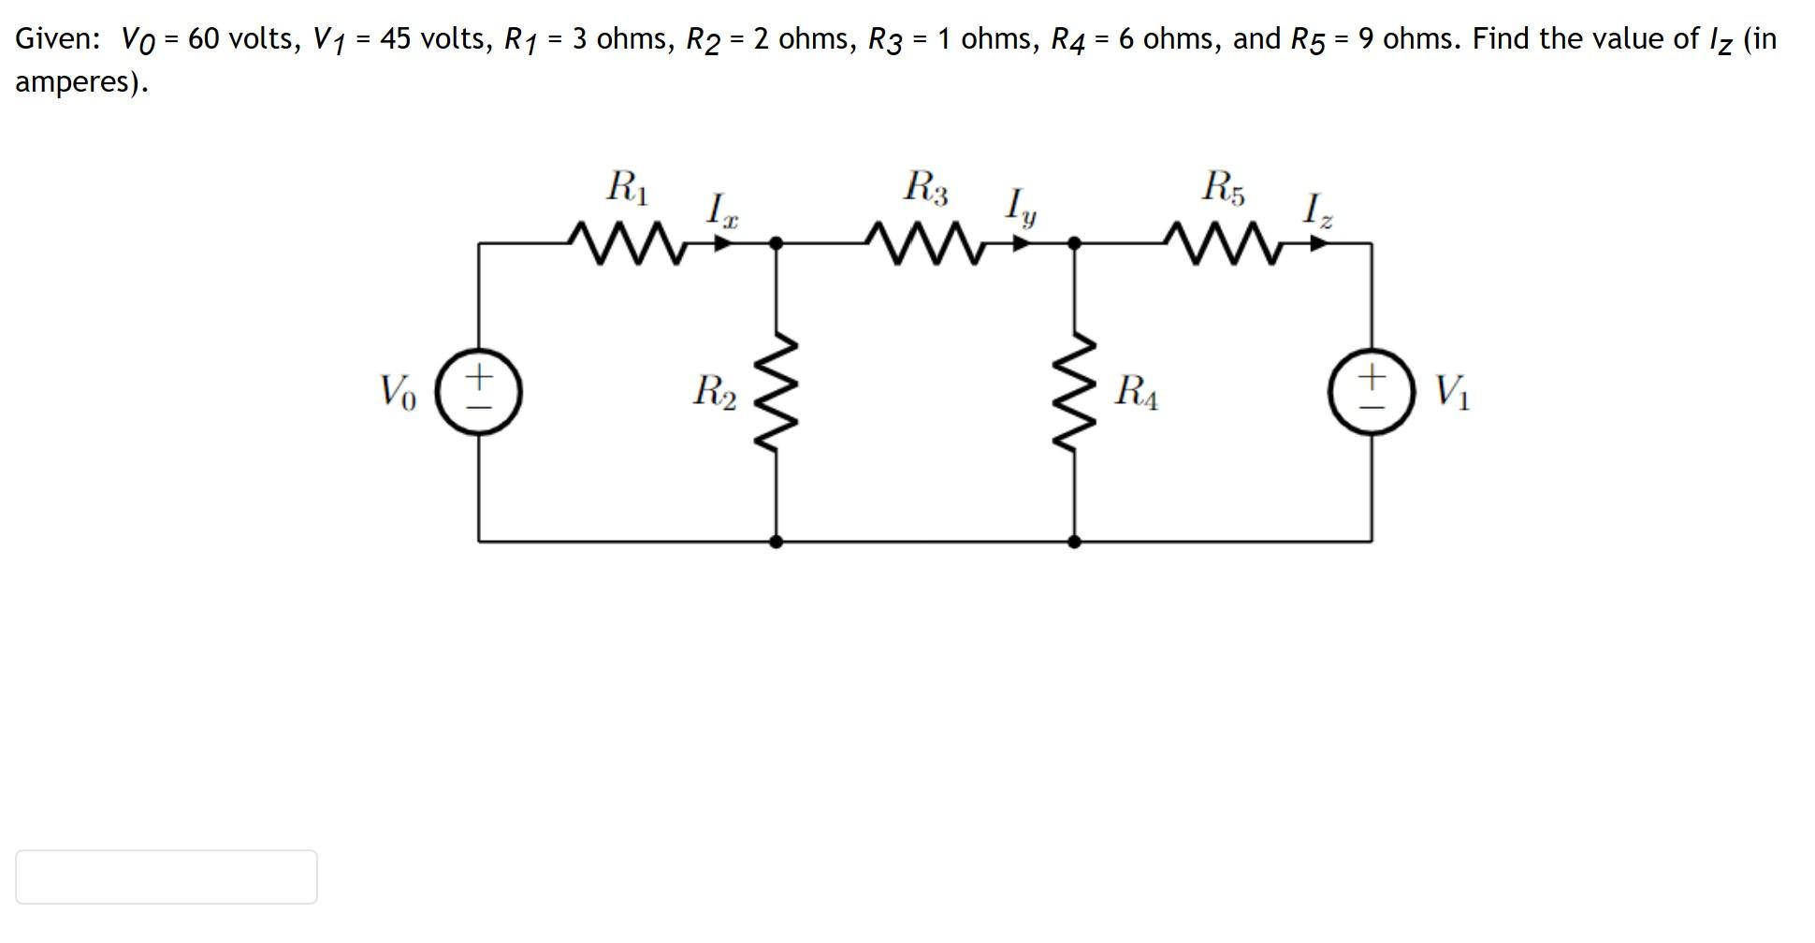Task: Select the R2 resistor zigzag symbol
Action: [777, 393]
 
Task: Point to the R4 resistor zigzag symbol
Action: [1075, 393]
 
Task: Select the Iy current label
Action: [1020, 208]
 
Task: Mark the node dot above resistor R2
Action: [776, 243]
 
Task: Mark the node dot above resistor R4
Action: [1075, 243]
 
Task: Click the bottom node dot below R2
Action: [776, 541]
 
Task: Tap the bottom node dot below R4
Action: [1075, 541]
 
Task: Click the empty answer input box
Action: [167, 877]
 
